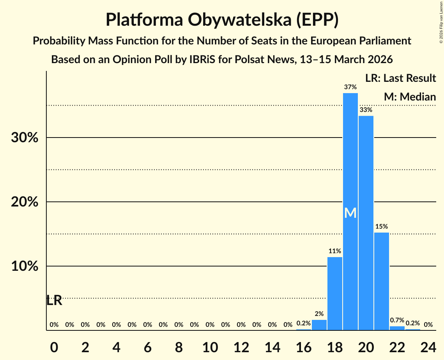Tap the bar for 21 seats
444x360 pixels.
coord(381,281)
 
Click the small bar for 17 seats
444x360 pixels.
coord(319,325)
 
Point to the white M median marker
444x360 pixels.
coord(350,213)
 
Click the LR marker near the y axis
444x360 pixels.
coord(54,300)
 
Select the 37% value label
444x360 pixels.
coord(350,87)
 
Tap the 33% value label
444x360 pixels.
coord(366,110)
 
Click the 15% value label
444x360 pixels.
coord(381,226)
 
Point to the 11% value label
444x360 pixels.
coord(334,251)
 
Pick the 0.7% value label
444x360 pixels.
coord(397,320)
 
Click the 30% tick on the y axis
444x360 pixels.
coord(24,138)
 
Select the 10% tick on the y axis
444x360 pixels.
coord(24,266)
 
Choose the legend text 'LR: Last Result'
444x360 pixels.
coord(400,78)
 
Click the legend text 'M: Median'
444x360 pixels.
coord(409,97)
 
